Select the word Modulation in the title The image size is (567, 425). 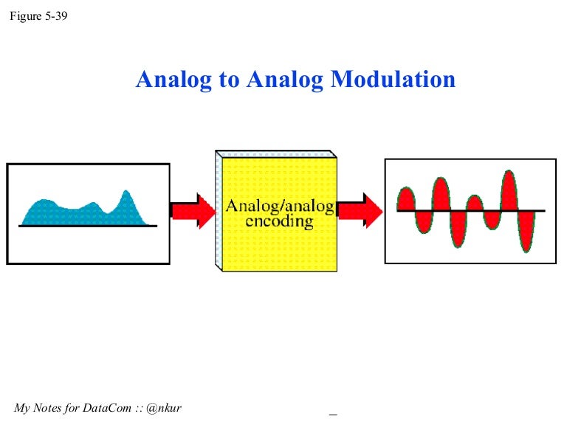(x=393, y=80)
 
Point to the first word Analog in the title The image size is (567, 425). (x=173, y=80)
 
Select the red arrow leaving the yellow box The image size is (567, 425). (x=360, y=210)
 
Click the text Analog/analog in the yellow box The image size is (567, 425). (x=279, y=205)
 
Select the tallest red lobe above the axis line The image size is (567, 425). (x=510, y=190)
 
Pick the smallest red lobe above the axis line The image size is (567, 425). (x=475, y=203)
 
